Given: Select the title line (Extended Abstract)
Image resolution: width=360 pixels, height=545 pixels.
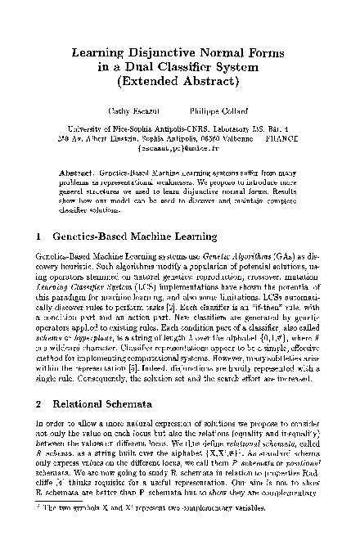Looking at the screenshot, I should click(180, 82).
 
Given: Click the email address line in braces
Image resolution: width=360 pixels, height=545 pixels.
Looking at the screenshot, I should click(180, 147).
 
